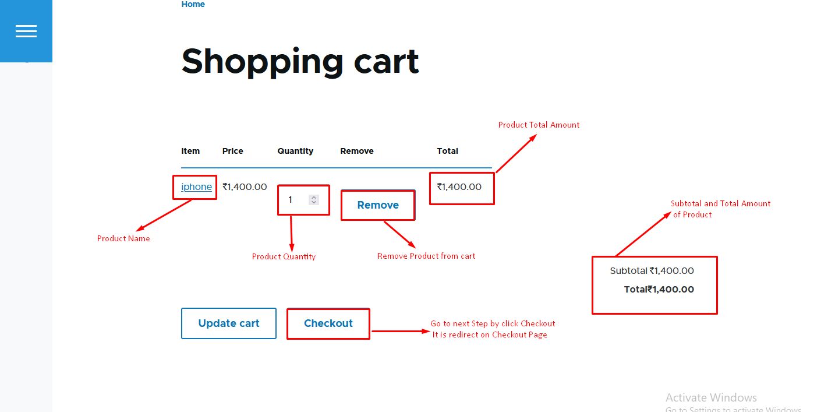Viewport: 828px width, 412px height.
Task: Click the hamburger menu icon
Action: pos(26,31)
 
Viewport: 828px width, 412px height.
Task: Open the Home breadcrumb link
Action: pos(193,4)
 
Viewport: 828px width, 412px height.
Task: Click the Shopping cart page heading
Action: pos(300,62)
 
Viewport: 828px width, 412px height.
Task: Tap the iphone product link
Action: pos(196,186)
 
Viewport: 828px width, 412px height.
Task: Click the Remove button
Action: pos(378,205)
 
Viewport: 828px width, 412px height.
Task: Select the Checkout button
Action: pos(328,323)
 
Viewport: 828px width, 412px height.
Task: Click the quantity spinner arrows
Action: pos(314,200)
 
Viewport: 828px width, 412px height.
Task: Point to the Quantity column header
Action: pos(295,151)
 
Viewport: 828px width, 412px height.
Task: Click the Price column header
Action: pos(232,151)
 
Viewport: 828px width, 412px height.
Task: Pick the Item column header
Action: pos(190,151)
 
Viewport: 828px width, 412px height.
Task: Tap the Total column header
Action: pos(447,151)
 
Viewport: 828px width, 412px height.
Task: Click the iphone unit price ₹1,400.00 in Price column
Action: pos(245,186)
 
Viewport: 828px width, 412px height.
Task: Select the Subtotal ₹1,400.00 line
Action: pos(652,271)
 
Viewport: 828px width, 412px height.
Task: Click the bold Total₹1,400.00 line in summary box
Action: pos(659,289)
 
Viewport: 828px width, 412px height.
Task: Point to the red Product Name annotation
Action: pos(123,238)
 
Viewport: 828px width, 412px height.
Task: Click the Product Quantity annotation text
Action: pos(284,256)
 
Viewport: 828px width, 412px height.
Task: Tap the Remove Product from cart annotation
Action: pos(426,256)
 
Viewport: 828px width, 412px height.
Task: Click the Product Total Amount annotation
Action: pos(539,125)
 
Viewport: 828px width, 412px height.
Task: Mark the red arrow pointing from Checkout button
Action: pos(401,331)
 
